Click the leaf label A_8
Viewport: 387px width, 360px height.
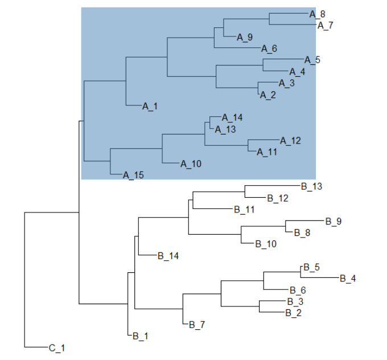318,14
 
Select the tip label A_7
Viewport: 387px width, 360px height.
326,25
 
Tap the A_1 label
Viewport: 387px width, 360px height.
150,106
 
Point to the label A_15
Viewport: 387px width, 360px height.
133,175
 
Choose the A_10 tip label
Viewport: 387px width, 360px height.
191,164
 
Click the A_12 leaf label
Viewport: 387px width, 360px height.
290,140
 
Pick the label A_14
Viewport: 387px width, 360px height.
232,118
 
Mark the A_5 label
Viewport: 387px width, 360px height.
312,60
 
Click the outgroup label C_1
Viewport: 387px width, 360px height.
57,347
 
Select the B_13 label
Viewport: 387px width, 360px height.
311,186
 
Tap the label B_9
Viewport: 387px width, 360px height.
333,221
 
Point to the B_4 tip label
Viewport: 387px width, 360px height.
348,279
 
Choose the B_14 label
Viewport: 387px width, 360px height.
168,256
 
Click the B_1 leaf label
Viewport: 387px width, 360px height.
140,336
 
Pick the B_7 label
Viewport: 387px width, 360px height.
197,325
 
